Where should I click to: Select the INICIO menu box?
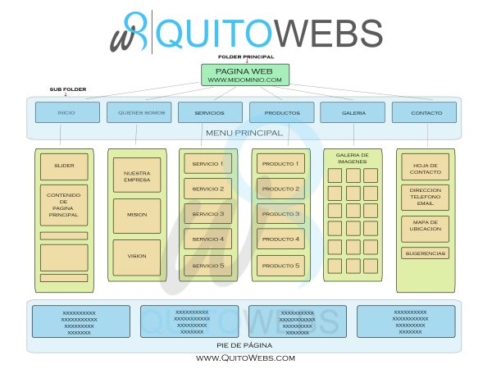coord(66,112)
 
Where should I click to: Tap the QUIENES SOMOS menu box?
coord(138,112)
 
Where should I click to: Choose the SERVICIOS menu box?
coord(209,112)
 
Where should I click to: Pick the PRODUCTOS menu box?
coord(281,112)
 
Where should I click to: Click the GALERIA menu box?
coord(353,112)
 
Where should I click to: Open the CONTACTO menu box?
coord(424,112)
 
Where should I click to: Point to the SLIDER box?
coord(64,166)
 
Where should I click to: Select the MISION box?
coord(137,215)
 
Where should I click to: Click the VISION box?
coord(137,257)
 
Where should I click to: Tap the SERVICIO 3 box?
coord(207,214)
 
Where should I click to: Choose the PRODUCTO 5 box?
coord(280,266)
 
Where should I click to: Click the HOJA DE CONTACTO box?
coord(425,166)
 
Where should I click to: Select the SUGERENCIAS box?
coord(425,253)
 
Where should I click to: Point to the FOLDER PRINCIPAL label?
coord(245,57)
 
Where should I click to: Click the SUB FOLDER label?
coord(66,89)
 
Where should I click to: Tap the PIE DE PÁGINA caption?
coord(244,345)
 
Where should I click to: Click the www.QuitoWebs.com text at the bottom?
coord(245,358)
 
